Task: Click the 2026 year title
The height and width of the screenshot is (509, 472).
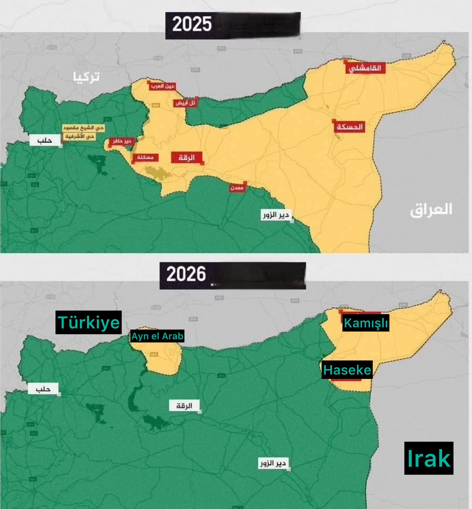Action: (186, 274)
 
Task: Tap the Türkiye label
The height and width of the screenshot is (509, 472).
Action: (88, 323)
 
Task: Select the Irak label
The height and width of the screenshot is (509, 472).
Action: (428, 458)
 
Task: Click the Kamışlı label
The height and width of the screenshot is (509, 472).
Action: (365, 324)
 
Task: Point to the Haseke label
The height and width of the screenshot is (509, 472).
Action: (347, 370)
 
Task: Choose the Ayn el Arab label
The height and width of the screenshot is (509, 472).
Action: (157, 337)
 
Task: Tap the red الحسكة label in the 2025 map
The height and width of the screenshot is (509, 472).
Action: (349, 126)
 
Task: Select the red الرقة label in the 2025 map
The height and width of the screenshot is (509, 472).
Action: (187, 157)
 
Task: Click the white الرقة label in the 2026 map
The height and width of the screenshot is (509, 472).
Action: (184, 406)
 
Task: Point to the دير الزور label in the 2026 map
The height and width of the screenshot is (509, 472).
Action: (273, 463)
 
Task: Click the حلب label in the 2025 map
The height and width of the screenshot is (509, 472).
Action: (45, 140)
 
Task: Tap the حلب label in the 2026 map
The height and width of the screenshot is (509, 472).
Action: (43, 389)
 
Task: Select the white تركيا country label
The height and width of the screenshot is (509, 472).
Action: (85, 77)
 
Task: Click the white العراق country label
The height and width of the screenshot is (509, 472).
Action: (431, 210)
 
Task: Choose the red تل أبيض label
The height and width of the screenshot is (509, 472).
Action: (185, 103)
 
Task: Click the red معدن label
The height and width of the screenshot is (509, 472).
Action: (237, 187)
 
